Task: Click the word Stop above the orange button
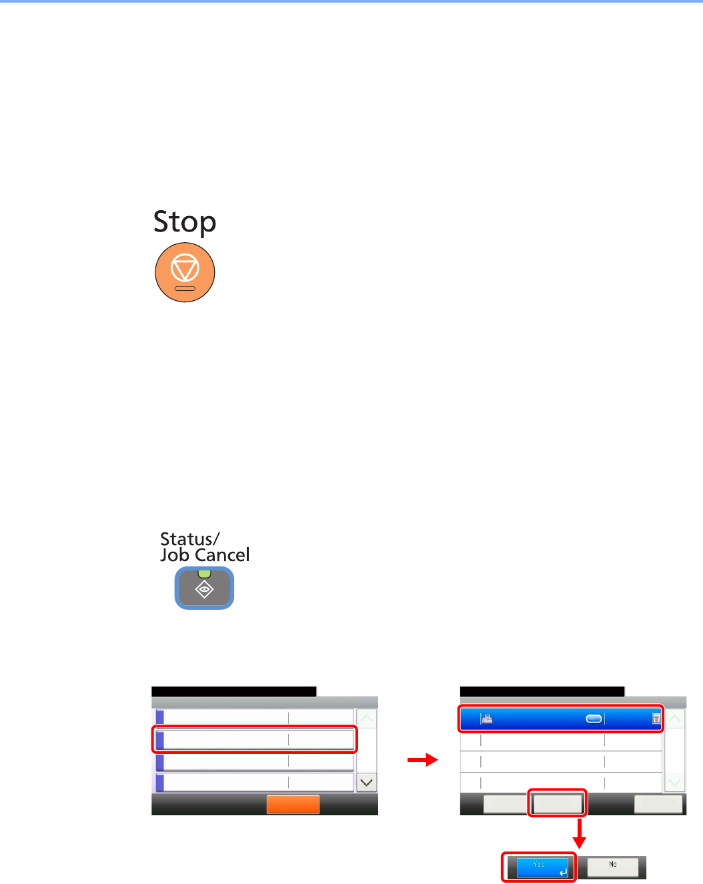point(185,222)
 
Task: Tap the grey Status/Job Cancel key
point(204,588)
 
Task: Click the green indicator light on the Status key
point(204,574)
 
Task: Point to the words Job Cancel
point(205,555)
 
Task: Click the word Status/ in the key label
point(189,539)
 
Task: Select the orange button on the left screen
point(293,804)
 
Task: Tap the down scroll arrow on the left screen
point(366,783)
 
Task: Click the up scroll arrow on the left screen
point(366,719)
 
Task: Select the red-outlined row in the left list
point(255,740)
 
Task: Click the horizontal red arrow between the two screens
point(422,760)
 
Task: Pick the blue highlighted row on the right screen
point(560,719)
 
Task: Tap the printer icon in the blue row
point(487,719)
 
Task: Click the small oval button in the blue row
point(594,719)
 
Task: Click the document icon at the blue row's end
point(656,719)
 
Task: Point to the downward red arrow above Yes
point(580,834)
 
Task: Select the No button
point(612,867)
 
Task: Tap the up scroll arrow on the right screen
point(675,719)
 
